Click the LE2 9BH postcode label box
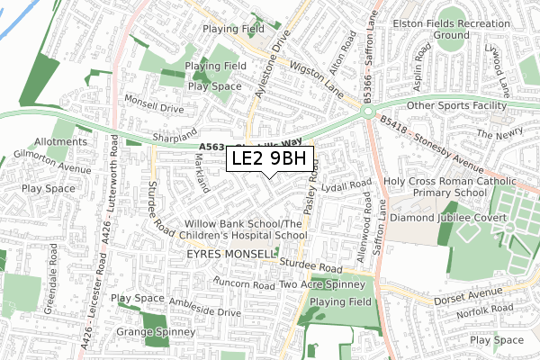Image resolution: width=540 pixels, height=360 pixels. click(270, 159)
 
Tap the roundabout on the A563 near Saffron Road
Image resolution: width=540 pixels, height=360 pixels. click(367, 112)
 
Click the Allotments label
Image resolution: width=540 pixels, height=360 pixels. click(61, 142)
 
